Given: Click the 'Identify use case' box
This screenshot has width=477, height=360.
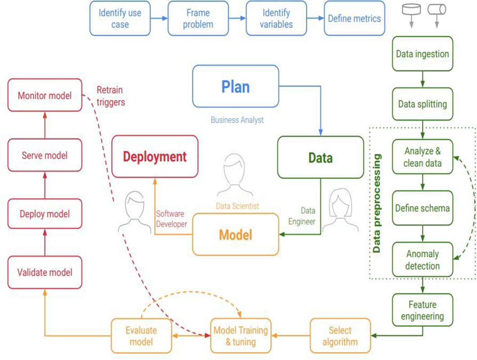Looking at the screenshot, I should click(119, 18).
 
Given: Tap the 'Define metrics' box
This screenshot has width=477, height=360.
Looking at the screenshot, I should click(354, 18).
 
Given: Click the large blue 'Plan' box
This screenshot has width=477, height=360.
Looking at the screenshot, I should click(235, 87).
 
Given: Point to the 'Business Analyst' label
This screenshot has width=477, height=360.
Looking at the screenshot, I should click(237, 120).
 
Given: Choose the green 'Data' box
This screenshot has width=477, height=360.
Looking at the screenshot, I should click(320, 157).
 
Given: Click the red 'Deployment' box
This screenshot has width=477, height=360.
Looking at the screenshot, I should click(154, 157).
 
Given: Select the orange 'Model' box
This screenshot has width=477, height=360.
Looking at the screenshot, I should click(235, 234).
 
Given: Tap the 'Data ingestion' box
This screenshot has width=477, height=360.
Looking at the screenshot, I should click(422, 54).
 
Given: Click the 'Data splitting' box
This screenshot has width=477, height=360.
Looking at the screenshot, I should click(422, 104).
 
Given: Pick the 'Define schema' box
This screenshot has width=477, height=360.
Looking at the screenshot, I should click(422, 208).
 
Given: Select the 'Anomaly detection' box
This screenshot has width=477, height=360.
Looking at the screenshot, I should click(422, 260).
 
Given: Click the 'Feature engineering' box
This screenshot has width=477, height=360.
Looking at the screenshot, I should click(422, 310).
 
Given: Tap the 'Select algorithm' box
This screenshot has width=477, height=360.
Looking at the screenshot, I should click(340, 336).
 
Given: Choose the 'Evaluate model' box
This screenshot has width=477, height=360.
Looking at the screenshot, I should click(141, 336).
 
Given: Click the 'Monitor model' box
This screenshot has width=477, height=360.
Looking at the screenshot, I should click(45, 96).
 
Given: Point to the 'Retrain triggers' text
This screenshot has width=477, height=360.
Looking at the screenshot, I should click(110, 96).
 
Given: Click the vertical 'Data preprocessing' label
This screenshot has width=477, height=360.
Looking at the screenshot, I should click(377, 203).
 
